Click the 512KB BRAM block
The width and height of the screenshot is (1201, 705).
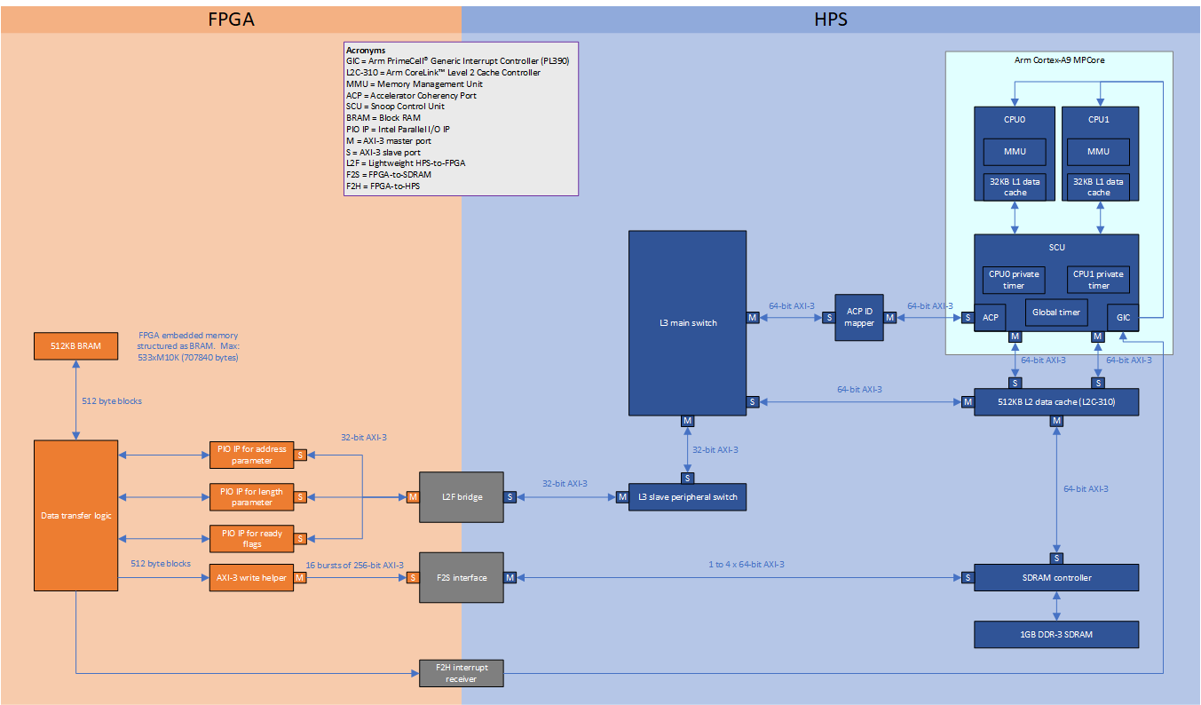pyautogui.click(x=75, y=346)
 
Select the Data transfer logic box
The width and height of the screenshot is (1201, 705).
pyautogui.click(x=75, y=515)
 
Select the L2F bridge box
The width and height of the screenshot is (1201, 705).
pyautogui.click(x=461, y=496)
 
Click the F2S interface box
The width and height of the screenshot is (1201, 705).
pyautogui.click(x=461, y=577)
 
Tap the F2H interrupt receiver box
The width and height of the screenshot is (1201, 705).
pyautogui.click(x=461, y=673)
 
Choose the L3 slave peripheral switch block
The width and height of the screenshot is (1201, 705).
pyautogui.click(x=687, y=496)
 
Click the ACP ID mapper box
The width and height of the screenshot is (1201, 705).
pyautogui.click(x=859, y=317)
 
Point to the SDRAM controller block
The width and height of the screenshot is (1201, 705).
pyautogui.click(x=1055, y=577)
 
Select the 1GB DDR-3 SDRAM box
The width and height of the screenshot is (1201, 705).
pyautogui.click(x=1055, y=634)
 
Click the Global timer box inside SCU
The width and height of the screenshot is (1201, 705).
pyautogui.click(x=1055, y=313)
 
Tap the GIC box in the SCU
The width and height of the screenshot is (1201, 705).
pyautogui.click(x=1123, y=317)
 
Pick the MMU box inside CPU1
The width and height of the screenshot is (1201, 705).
pyautogui.click(x=1098, y=151)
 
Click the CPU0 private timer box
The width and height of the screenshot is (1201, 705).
pyautogui.click(x=1013, y=280)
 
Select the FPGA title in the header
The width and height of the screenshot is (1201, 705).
pyautogui.click(x=231, y=19)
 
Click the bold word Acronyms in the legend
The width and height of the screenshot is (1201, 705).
pyautogui.click(x=366, y=51)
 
